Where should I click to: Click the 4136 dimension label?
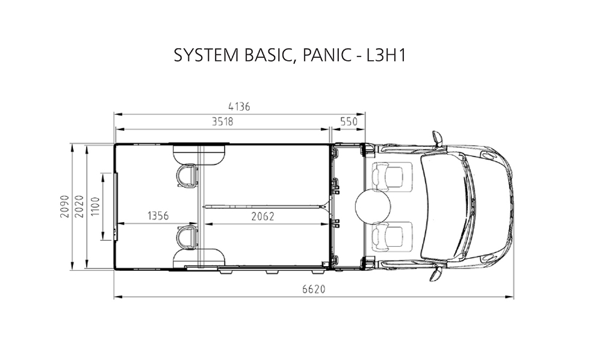click(x=239, y=107)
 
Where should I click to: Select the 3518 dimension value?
click(x=223, y=122)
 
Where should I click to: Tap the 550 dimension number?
click(x=349, y=122)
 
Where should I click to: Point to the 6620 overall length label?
click(x=314, y=288)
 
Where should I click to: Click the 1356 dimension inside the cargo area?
click(x=158, y=216)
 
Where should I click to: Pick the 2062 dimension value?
click(x=263, y=217)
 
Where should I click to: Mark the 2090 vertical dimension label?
click(x=64, y=206)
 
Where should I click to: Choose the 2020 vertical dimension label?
click(x=79, y=206)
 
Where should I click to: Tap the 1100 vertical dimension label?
click(x=95, y=206)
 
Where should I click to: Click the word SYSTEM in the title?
click(x=206, y=55)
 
